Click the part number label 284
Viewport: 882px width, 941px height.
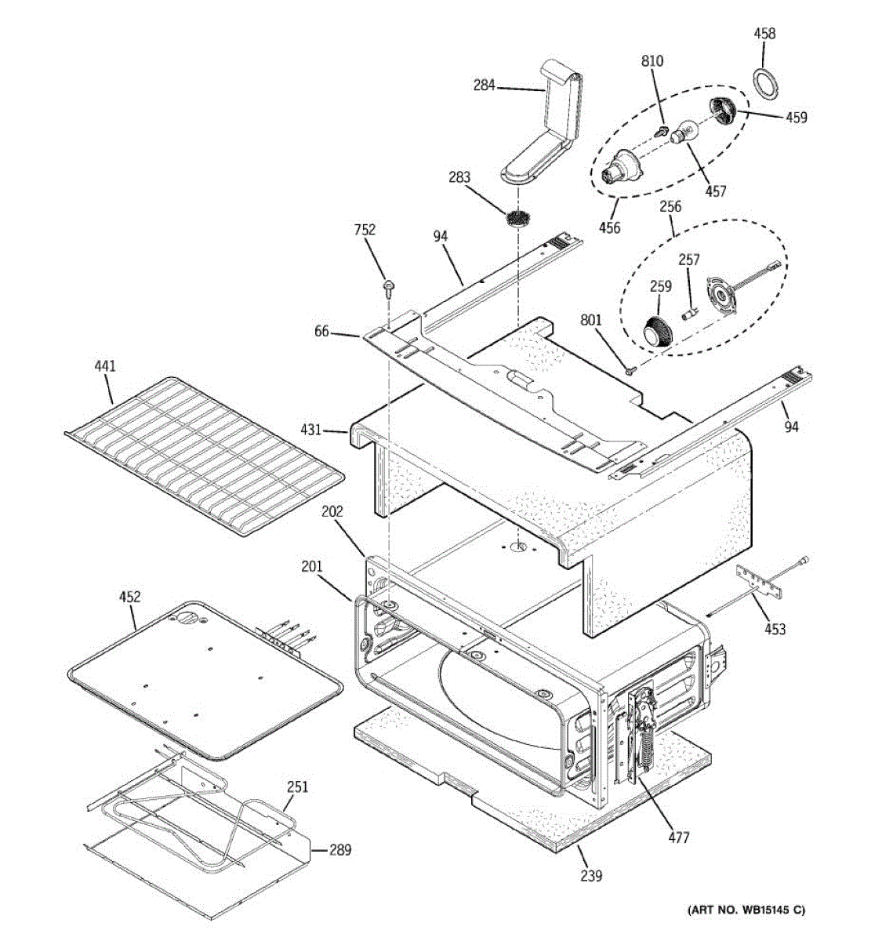tap(484, 85)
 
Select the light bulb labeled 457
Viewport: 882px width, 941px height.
tap(684, 131)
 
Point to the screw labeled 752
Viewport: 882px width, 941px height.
tap(387, 288)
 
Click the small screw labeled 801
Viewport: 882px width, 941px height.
tap(630, 368)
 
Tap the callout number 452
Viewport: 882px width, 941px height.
tap(129, 597)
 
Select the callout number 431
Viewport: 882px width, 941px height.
tap(311, 430)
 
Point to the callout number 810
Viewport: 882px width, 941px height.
tap(652, 61)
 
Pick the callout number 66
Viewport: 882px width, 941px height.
tap(321, 332)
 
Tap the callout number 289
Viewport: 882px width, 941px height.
tap(339, 850)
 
